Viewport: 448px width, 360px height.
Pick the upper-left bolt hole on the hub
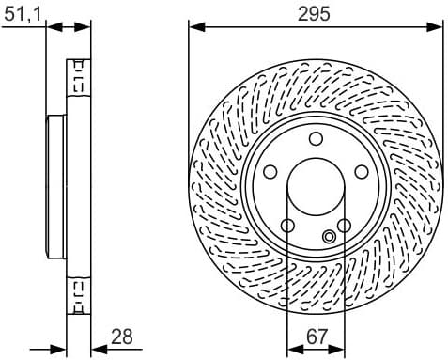tap(271, 172)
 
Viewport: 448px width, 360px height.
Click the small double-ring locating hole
tap(329, 237)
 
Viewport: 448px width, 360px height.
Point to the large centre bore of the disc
tap(316, 188)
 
